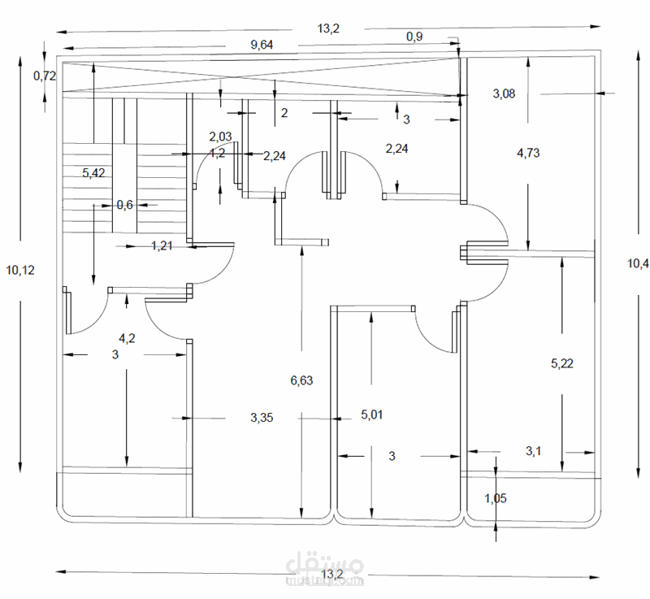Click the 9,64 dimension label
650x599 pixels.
[261, 45]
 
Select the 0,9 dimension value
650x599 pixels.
[414, 37]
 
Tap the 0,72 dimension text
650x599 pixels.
[44, 76]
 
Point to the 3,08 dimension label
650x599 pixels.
[504, 93]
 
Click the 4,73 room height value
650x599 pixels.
[528, 152]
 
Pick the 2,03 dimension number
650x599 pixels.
[221, 137]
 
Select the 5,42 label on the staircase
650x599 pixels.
[94, 172]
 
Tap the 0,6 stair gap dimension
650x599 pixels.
[124, 205]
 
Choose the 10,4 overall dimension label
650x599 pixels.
[638, 263]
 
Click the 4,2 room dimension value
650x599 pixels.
[127, 338]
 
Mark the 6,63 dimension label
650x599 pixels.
[301, 380]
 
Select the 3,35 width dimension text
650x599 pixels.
[261, 417]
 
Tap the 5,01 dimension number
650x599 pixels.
[372, 415]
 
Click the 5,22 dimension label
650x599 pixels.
[562, 363]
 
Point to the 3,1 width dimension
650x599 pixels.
[534, 449]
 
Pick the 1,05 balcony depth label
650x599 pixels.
[496, 499]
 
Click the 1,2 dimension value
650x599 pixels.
[217, 153]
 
